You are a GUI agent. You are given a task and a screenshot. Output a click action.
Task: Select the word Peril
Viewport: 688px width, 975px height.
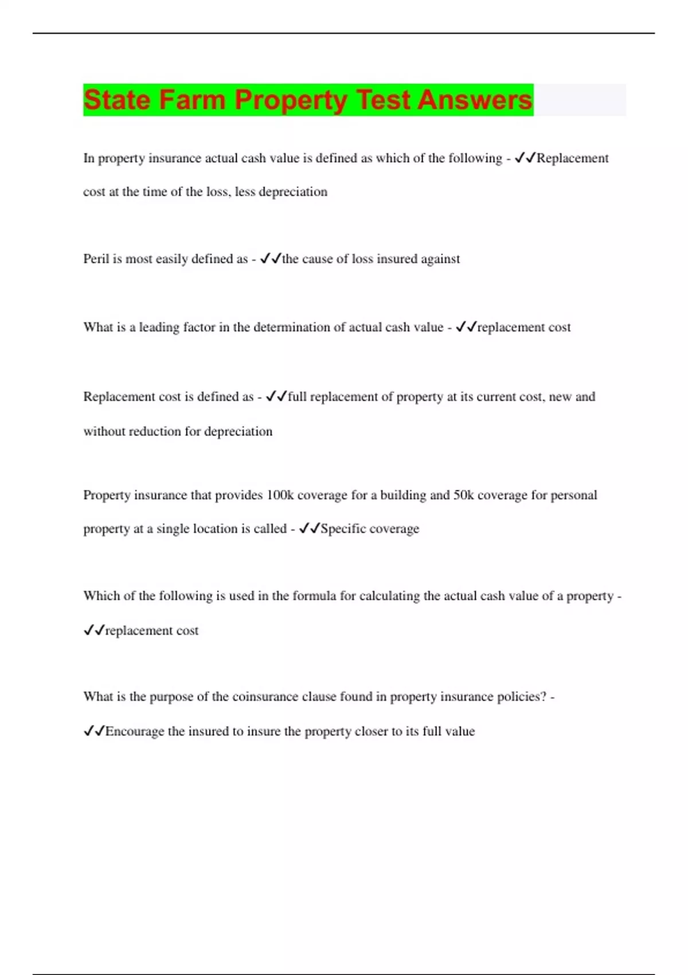[x=96, y=259]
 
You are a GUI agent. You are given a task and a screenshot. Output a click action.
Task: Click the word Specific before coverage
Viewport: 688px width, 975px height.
[x=342, y=528]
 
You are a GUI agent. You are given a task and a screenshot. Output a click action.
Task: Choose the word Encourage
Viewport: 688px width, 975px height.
[x=135, y=731]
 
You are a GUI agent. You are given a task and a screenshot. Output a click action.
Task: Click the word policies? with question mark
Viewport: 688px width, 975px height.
[x=521, y=697]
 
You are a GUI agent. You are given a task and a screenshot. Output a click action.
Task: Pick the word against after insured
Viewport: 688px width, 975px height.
[x=440, y=259]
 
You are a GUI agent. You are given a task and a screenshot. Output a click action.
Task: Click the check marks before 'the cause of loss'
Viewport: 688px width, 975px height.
[x=270, y=259]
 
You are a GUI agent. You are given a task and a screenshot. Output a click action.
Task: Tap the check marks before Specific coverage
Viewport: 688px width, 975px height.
[x=309, y=528]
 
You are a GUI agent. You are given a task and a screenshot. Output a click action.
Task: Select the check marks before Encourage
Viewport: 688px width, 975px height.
[x=94, y=731]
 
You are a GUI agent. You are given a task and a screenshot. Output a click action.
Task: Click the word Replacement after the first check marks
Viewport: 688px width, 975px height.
[x=572, y=158]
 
